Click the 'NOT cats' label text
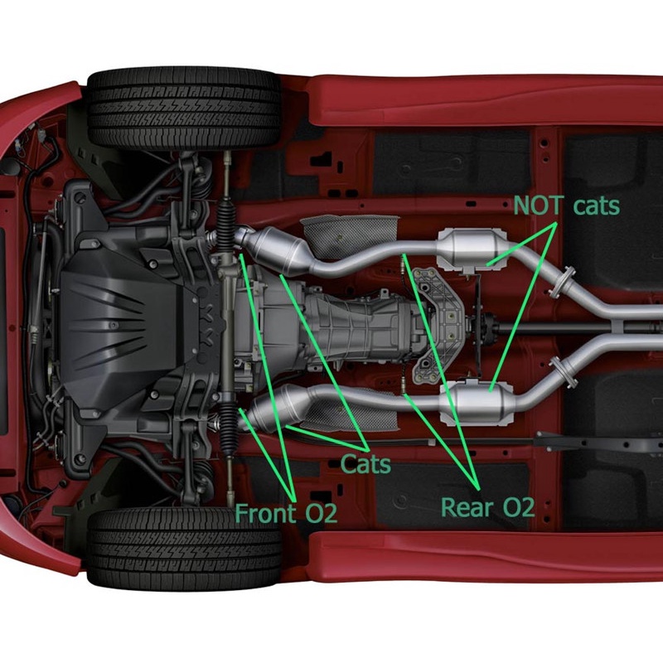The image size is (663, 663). pyautogui.click(x=566, y=206)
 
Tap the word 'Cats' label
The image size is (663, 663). pyautogui.click(x=365, y=464)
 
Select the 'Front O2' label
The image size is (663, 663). pyautogui.click(x=286, y=513)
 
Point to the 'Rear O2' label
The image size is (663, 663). pyautogui.click(x=487, y=507)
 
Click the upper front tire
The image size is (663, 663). pyautogui.click(x=184, y=109)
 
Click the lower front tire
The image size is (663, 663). pyautogui.click(x=184, y=548)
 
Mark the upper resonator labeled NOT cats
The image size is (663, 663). pyautogui.click(x=472, y=249)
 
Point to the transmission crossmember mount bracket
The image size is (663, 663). pyautogui.click(x=438, y=326)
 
